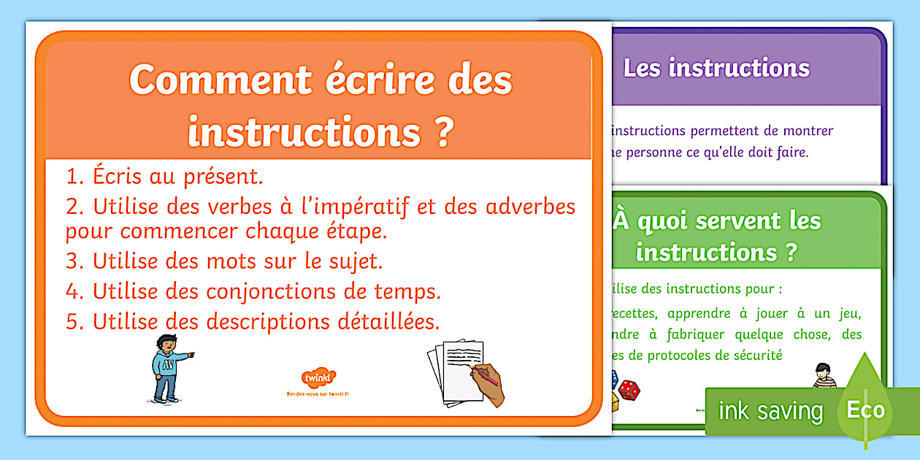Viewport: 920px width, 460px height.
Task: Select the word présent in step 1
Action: (221, 177)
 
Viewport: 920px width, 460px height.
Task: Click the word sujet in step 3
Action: (350, 261)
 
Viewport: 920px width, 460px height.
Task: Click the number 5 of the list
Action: (72, 322)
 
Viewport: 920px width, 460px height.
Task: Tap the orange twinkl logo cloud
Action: (318, 378)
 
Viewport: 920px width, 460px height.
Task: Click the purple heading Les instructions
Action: (716, 69)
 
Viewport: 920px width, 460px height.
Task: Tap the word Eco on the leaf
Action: (865, 410)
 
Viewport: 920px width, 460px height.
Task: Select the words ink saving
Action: (770, 411)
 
